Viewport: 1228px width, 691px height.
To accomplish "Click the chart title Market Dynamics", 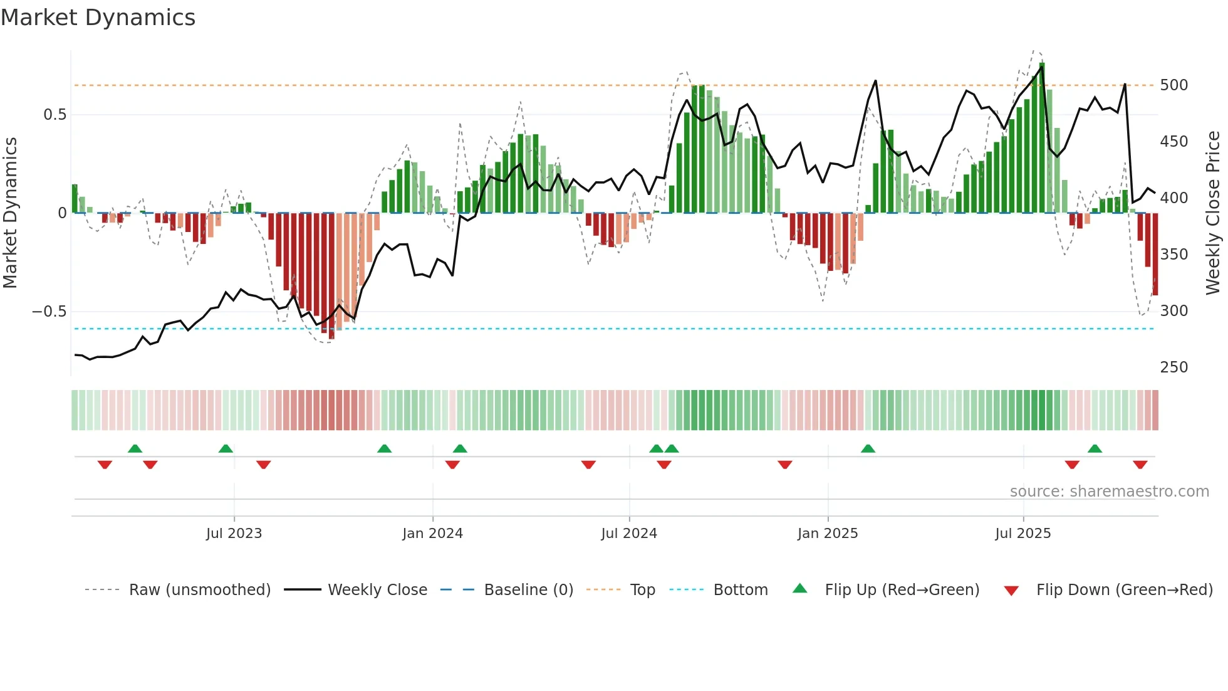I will point(98,18).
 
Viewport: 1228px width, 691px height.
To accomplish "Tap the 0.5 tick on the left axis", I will point(55,115).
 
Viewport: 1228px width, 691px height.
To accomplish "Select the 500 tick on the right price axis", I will point(1173,85).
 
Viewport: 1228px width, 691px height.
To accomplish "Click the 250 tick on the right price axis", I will point(1173,367).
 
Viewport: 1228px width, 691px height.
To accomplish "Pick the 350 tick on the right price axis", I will point(1173,255).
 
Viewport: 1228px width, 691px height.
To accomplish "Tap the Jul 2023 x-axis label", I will point(234,534).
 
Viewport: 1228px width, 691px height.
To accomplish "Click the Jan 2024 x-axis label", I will point(432,534).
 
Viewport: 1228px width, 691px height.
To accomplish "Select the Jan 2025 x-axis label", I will point(827,534).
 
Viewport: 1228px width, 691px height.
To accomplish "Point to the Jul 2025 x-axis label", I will point(1022,534).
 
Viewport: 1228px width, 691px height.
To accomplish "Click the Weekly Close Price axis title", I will point(1213,213).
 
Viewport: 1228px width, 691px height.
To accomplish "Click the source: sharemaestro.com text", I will point(1109,492).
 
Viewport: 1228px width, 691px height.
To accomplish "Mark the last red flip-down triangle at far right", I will point(1140,465).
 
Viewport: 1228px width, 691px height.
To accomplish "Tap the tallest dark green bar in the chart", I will point(1042,138).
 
